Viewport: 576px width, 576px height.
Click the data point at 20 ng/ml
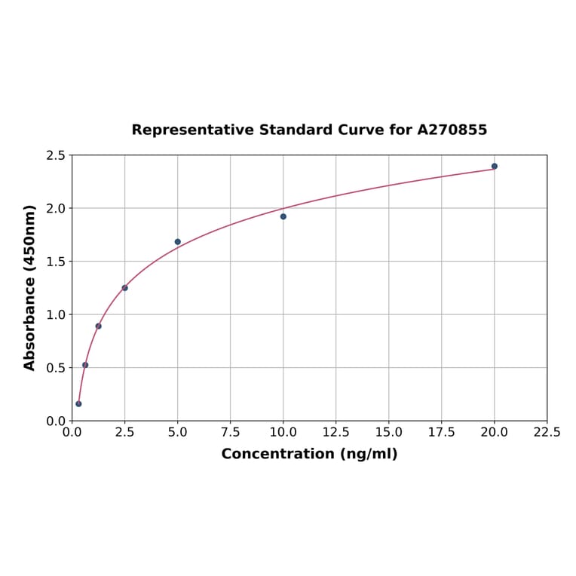[495, 166]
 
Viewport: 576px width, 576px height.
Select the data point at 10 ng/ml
[283, 216]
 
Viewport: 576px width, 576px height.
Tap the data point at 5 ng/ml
[178, 242]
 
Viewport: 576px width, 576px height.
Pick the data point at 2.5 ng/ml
[125, 288]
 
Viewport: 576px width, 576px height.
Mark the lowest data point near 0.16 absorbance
[78, 404]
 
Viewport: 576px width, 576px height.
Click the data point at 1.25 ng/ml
[99, 326]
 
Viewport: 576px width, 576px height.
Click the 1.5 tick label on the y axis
[56, 262]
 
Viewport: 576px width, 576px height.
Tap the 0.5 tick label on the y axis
[56, 368]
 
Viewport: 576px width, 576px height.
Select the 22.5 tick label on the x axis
[547, 433]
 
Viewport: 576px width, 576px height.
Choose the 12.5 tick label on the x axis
[335, 433]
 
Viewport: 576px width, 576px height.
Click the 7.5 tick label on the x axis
[231, 433]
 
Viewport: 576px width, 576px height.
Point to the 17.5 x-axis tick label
[441, 433]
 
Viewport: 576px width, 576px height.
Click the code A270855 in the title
[452, 130]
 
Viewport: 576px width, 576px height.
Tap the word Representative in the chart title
[192, 130]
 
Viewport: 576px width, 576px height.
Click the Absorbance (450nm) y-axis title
[30, 287]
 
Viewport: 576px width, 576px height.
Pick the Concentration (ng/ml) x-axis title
[309, 454]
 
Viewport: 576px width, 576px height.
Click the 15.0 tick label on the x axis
[388, 433]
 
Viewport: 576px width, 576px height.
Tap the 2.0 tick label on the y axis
[56, 208]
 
